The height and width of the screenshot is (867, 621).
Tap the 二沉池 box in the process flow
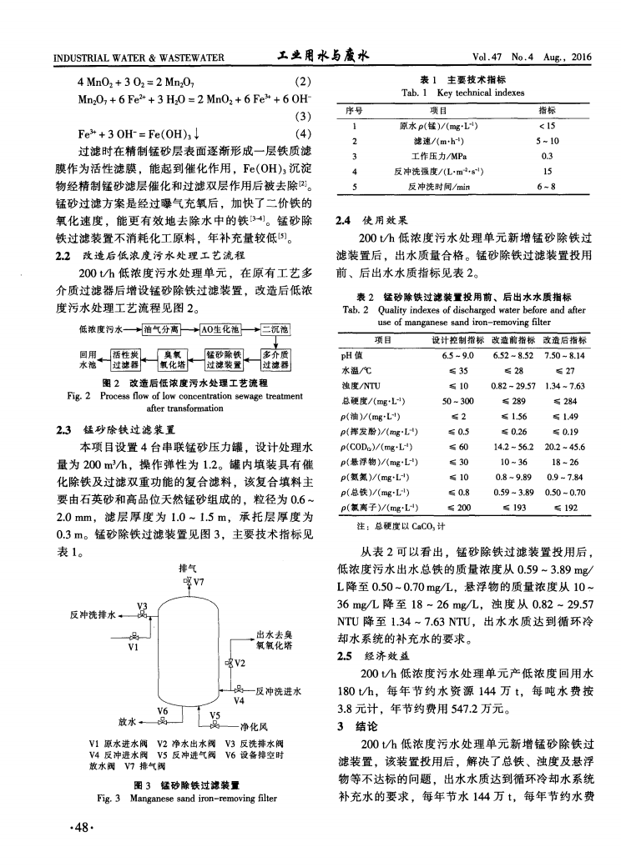tap(275, 328)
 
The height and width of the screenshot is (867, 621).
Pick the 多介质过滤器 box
tap(275, 358)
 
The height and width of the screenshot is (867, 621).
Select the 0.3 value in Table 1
tap(548, 155)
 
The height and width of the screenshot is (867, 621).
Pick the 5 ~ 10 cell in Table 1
tap(548, 140)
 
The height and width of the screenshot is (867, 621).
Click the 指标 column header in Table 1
tap(548, 109)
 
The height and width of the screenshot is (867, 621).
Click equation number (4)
tap(303, 133)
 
